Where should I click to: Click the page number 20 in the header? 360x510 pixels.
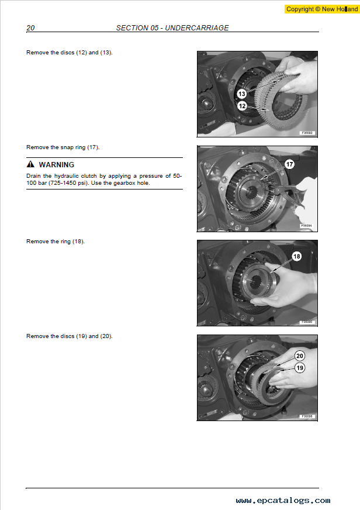30,28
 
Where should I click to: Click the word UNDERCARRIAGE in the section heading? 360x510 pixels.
197,28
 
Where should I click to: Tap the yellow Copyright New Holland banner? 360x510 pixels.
322,9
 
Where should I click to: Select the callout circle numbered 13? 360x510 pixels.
242,94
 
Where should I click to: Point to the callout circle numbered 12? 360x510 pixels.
242,106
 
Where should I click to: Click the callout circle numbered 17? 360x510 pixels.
289,164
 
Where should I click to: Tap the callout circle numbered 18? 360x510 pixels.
297,256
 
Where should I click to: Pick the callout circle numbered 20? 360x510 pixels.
300,356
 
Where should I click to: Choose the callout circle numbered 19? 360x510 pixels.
300,368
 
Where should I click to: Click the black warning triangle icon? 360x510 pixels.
30,164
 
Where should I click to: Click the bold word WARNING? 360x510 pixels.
57,164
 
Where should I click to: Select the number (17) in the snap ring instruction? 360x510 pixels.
94,147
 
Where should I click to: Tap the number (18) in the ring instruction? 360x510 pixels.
78,242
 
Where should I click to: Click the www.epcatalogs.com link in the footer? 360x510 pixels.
283,500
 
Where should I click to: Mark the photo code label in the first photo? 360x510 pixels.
307,133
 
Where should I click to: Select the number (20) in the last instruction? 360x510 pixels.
106,336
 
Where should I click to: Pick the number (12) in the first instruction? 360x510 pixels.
82,53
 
